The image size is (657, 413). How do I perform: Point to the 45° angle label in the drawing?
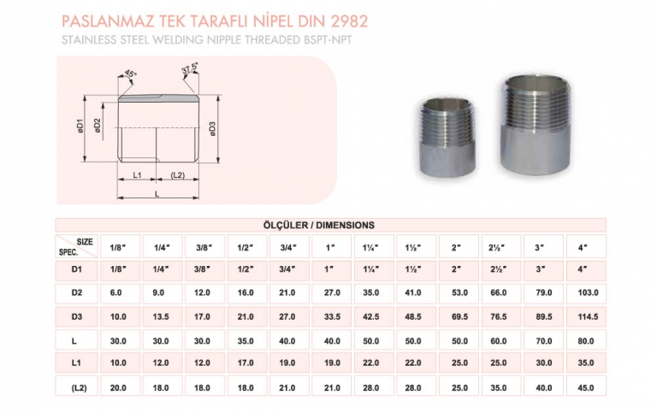(130, 74)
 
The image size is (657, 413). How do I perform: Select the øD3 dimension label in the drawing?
(211, 129)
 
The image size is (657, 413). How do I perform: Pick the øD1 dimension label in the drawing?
(76, 129)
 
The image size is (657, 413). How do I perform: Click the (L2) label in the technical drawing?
(178, 175)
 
